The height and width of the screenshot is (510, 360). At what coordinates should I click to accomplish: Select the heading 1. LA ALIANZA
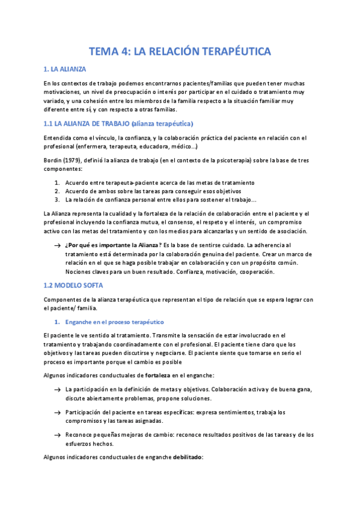tap(66, 70)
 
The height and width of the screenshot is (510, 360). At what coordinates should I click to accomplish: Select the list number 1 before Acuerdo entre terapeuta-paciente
tap(56, 182)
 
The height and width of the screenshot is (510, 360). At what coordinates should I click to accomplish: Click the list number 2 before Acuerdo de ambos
tap(56, 191)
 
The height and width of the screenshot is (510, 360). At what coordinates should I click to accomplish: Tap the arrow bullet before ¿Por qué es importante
tap(56, 245)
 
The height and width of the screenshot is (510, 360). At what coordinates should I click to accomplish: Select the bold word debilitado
tap(189, 457)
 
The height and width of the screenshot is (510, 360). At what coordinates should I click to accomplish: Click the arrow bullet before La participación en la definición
tap(56, 389)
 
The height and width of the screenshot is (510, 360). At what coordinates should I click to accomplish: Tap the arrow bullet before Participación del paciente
tap(56, 412)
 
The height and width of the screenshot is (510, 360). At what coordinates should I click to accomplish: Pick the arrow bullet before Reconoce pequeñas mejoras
tap(56, 435)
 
